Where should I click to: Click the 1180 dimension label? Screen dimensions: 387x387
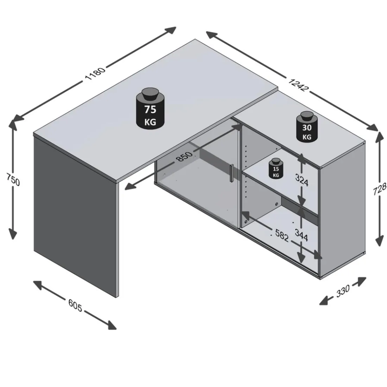coord(95,73)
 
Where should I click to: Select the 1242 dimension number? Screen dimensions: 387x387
coord(298,85)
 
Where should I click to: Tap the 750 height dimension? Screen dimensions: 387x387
coord(13,179)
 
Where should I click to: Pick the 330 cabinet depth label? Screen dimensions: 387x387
coord(343,291)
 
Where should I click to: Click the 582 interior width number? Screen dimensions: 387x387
coord(281,235)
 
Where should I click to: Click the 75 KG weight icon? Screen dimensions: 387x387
coord(150,109)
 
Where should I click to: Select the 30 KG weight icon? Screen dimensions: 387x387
coord(307,126)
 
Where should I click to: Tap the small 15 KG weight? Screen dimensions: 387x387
coord(276,168)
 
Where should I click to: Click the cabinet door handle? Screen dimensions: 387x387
coord(231,173)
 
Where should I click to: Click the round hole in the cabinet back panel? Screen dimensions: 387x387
coord(276,204)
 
